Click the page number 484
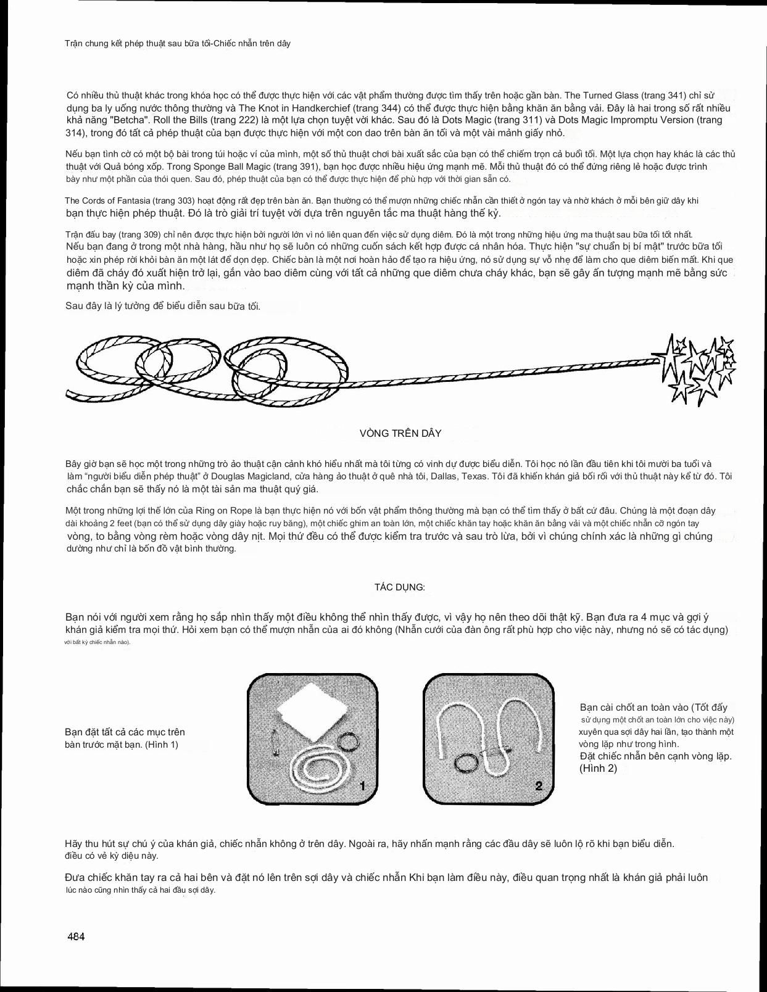click(76, 936)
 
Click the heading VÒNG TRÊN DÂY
click(400, 434)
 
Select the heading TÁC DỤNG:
click(400, 587)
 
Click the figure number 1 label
click(363, 786)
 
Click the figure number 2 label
click(539, 786)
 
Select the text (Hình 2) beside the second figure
click(598, 769)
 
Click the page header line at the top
click(178, 44)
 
